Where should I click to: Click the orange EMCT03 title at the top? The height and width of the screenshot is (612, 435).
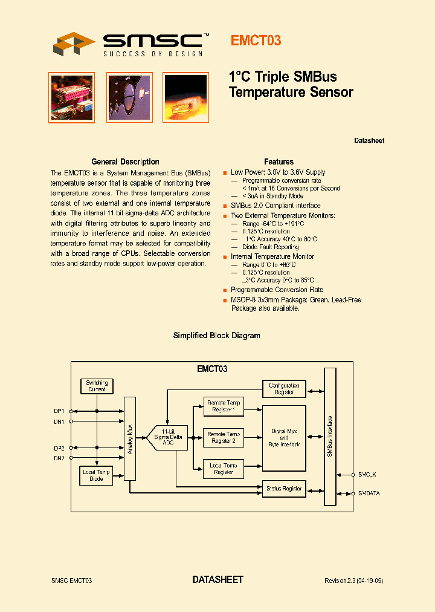[x=256, y=41]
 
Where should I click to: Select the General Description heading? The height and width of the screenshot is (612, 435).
[x=125, y=162]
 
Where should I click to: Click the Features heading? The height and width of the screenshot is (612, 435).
[x=279, y=162]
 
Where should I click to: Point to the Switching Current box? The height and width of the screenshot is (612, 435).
[x=97, y=386]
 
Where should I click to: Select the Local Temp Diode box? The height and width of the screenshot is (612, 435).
[x=97, y=475]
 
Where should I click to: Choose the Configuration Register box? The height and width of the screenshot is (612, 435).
[x=284, y=389]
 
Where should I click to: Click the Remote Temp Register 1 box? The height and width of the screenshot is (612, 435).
[x=224, y=406]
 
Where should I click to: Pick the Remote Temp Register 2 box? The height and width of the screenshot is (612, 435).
[x=224, y=438]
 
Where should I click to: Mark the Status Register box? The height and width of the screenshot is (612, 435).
[x=284, y=488]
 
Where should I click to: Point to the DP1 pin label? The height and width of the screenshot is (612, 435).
[x=59, y=411]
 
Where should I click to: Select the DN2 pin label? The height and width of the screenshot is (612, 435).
[x=59, y=458]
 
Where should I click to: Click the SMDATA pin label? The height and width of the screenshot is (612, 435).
[x=369, y=493]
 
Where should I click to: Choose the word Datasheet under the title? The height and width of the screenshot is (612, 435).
[x=369, y=141]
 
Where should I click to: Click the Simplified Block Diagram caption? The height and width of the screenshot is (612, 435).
[x=217, y=336]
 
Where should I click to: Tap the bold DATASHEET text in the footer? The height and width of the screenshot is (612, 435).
[x=217, y=580]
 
